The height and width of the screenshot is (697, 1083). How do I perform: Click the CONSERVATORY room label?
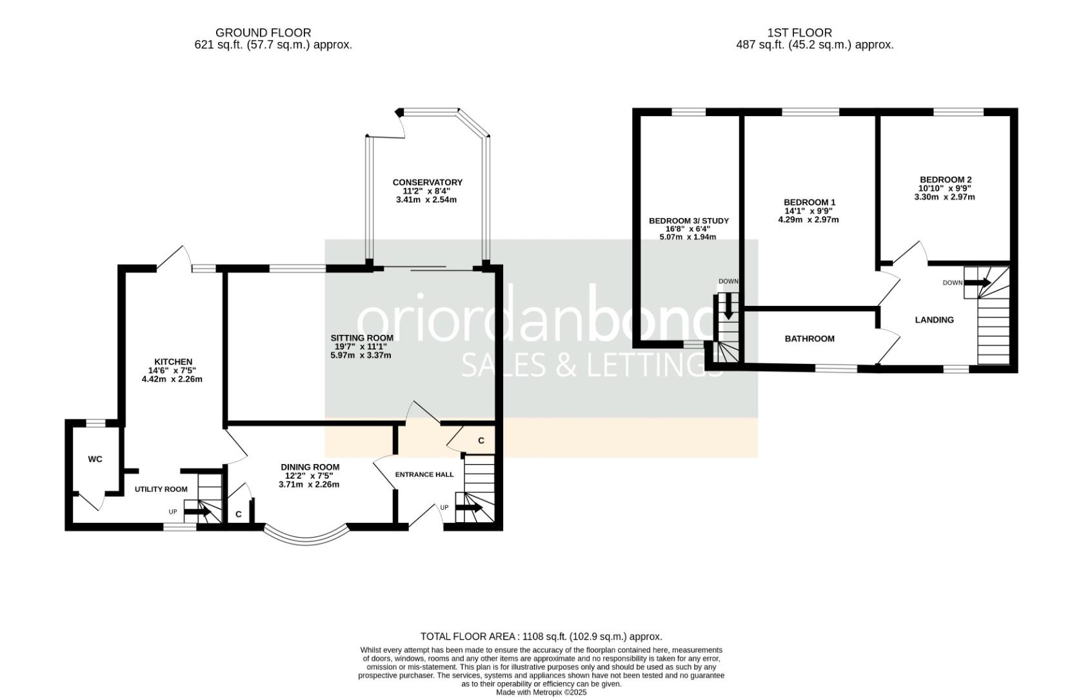428,183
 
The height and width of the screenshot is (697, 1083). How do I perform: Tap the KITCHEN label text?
173,362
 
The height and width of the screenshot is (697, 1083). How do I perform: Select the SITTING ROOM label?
362,338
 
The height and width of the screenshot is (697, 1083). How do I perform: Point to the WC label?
95,459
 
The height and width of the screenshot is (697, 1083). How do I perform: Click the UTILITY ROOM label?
161,489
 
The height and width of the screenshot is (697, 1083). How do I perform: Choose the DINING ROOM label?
310,467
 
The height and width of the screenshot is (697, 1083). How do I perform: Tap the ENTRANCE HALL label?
424,474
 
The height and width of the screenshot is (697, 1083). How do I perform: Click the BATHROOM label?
810,339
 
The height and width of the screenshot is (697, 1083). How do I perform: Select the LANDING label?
934,319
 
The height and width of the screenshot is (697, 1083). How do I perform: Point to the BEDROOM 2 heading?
945,179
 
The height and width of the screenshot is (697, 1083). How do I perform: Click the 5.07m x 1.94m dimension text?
688,237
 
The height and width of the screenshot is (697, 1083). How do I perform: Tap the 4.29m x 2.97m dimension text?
808,219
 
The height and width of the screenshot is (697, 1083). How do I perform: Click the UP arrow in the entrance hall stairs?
469,508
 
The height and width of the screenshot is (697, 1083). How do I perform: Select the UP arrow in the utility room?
197,511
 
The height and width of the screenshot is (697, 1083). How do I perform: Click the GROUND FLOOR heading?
263,33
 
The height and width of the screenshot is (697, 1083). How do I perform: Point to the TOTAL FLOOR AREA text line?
541,636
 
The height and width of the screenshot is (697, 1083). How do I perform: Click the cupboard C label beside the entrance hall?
481,441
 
